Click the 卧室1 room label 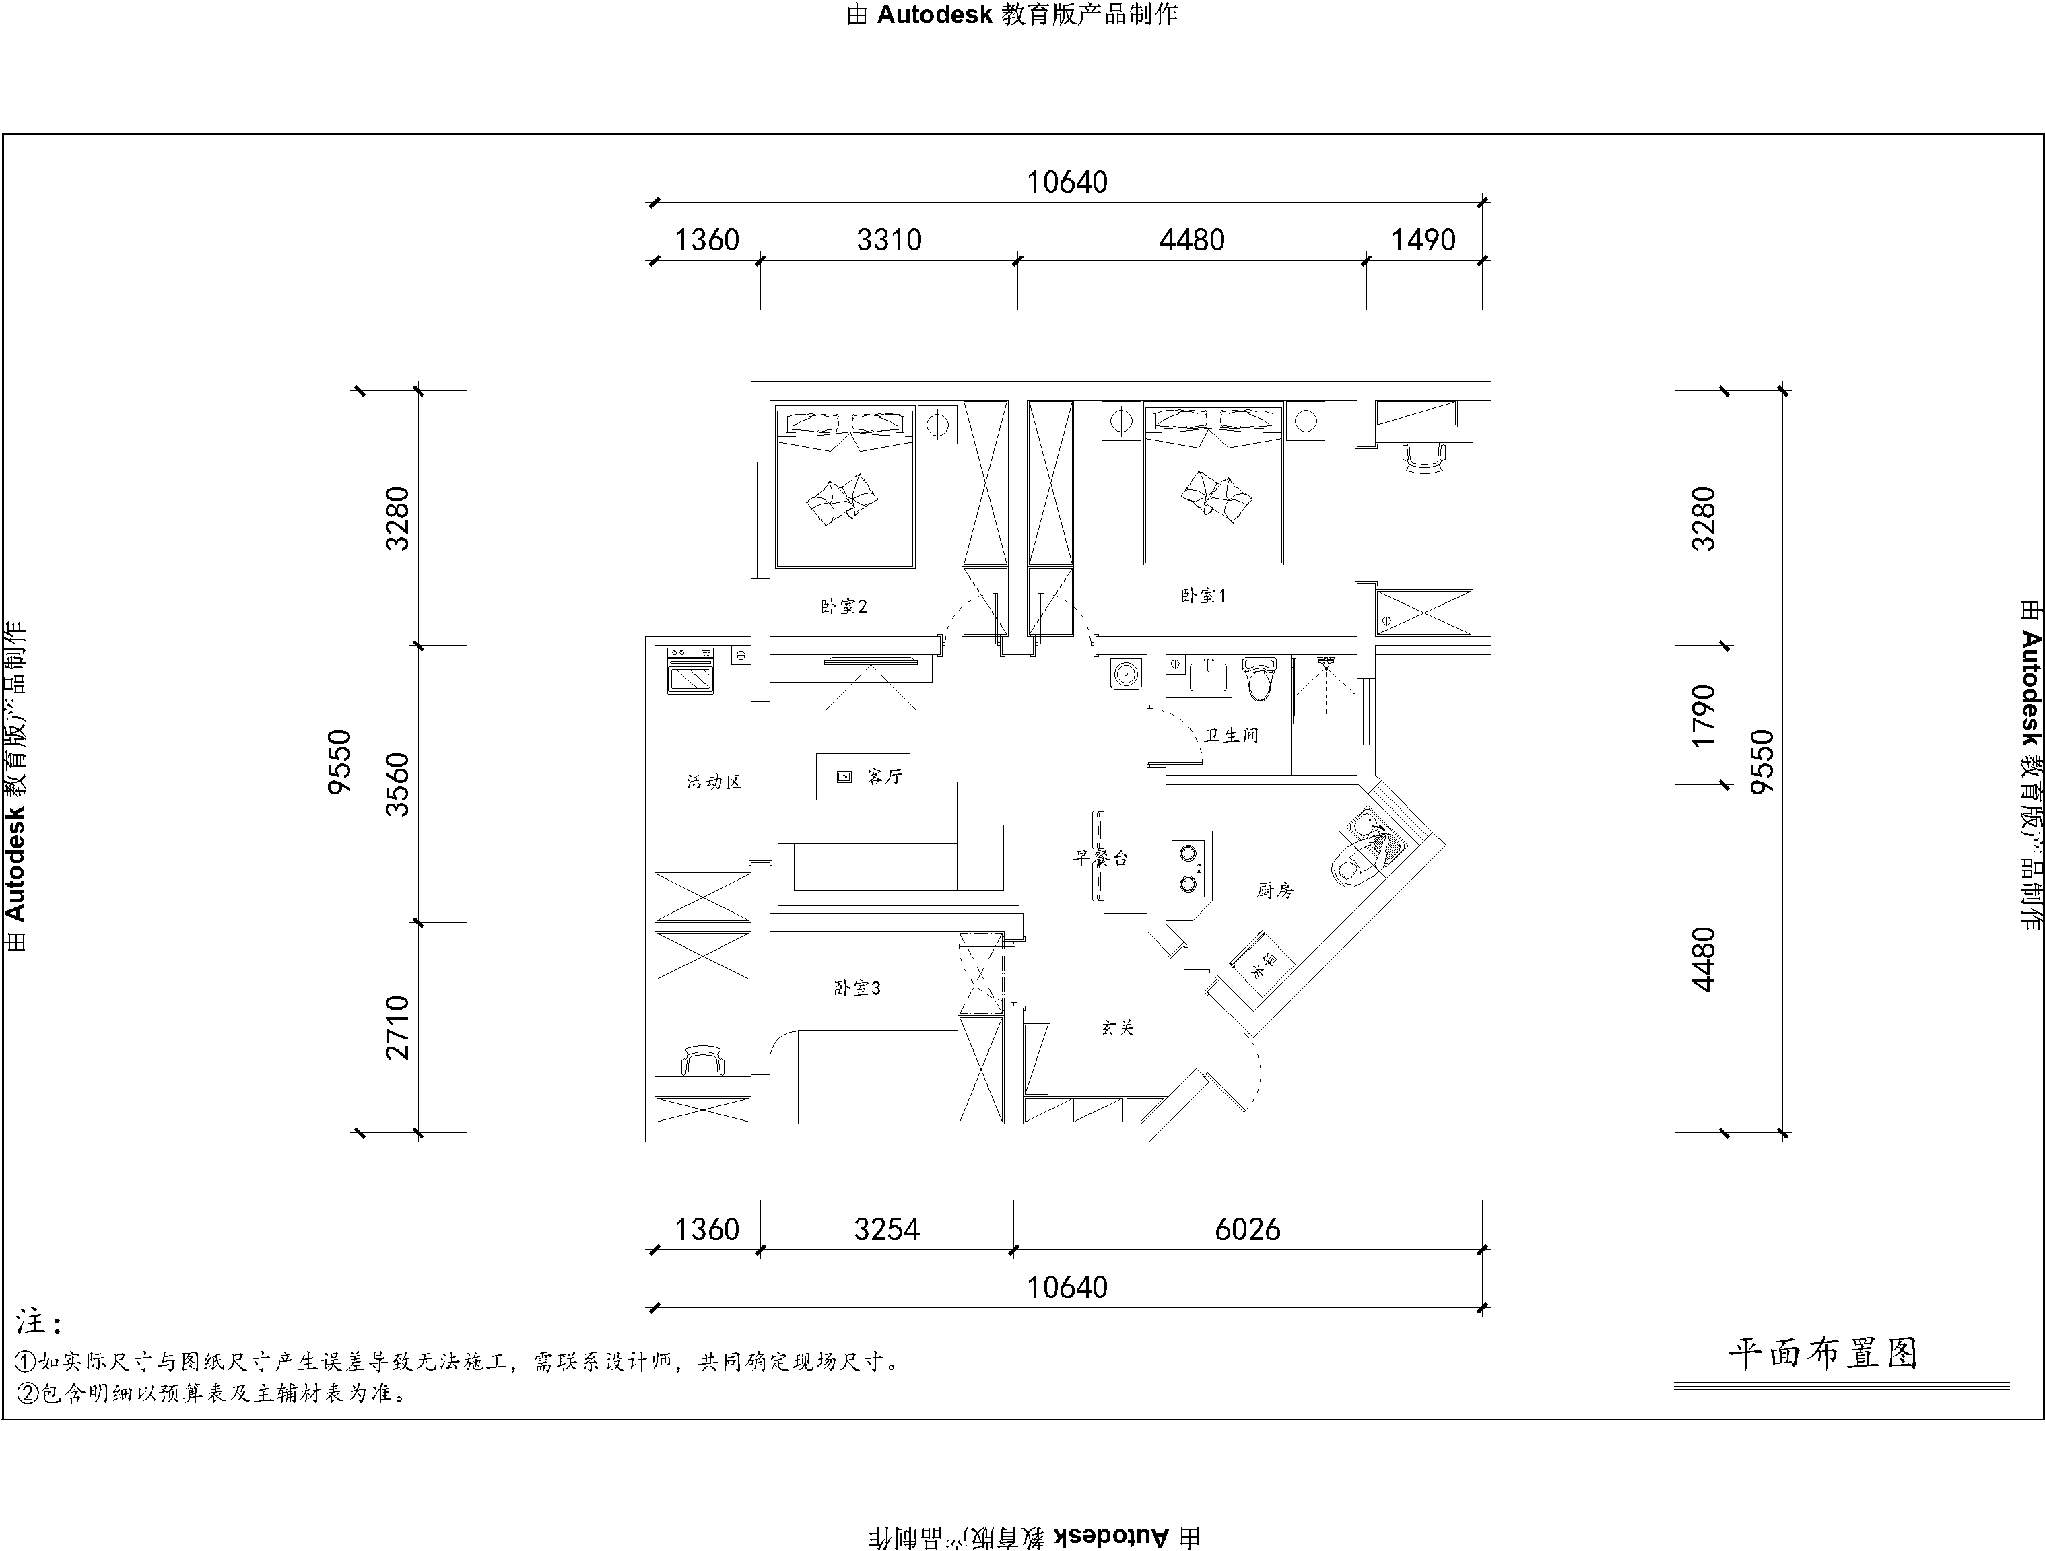1203,596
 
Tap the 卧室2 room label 843,607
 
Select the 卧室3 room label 857,988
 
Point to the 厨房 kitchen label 1275,890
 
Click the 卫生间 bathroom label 1232,735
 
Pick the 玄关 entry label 1117,1027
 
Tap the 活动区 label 714,782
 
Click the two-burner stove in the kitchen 1188,869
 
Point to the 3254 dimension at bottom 887,1229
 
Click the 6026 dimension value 1247,1229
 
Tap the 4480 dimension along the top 1192,240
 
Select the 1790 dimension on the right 1702,716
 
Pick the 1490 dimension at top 1423,240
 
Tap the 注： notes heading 39,1323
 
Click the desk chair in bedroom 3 704,1061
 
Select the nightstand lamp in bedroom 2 937,424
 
